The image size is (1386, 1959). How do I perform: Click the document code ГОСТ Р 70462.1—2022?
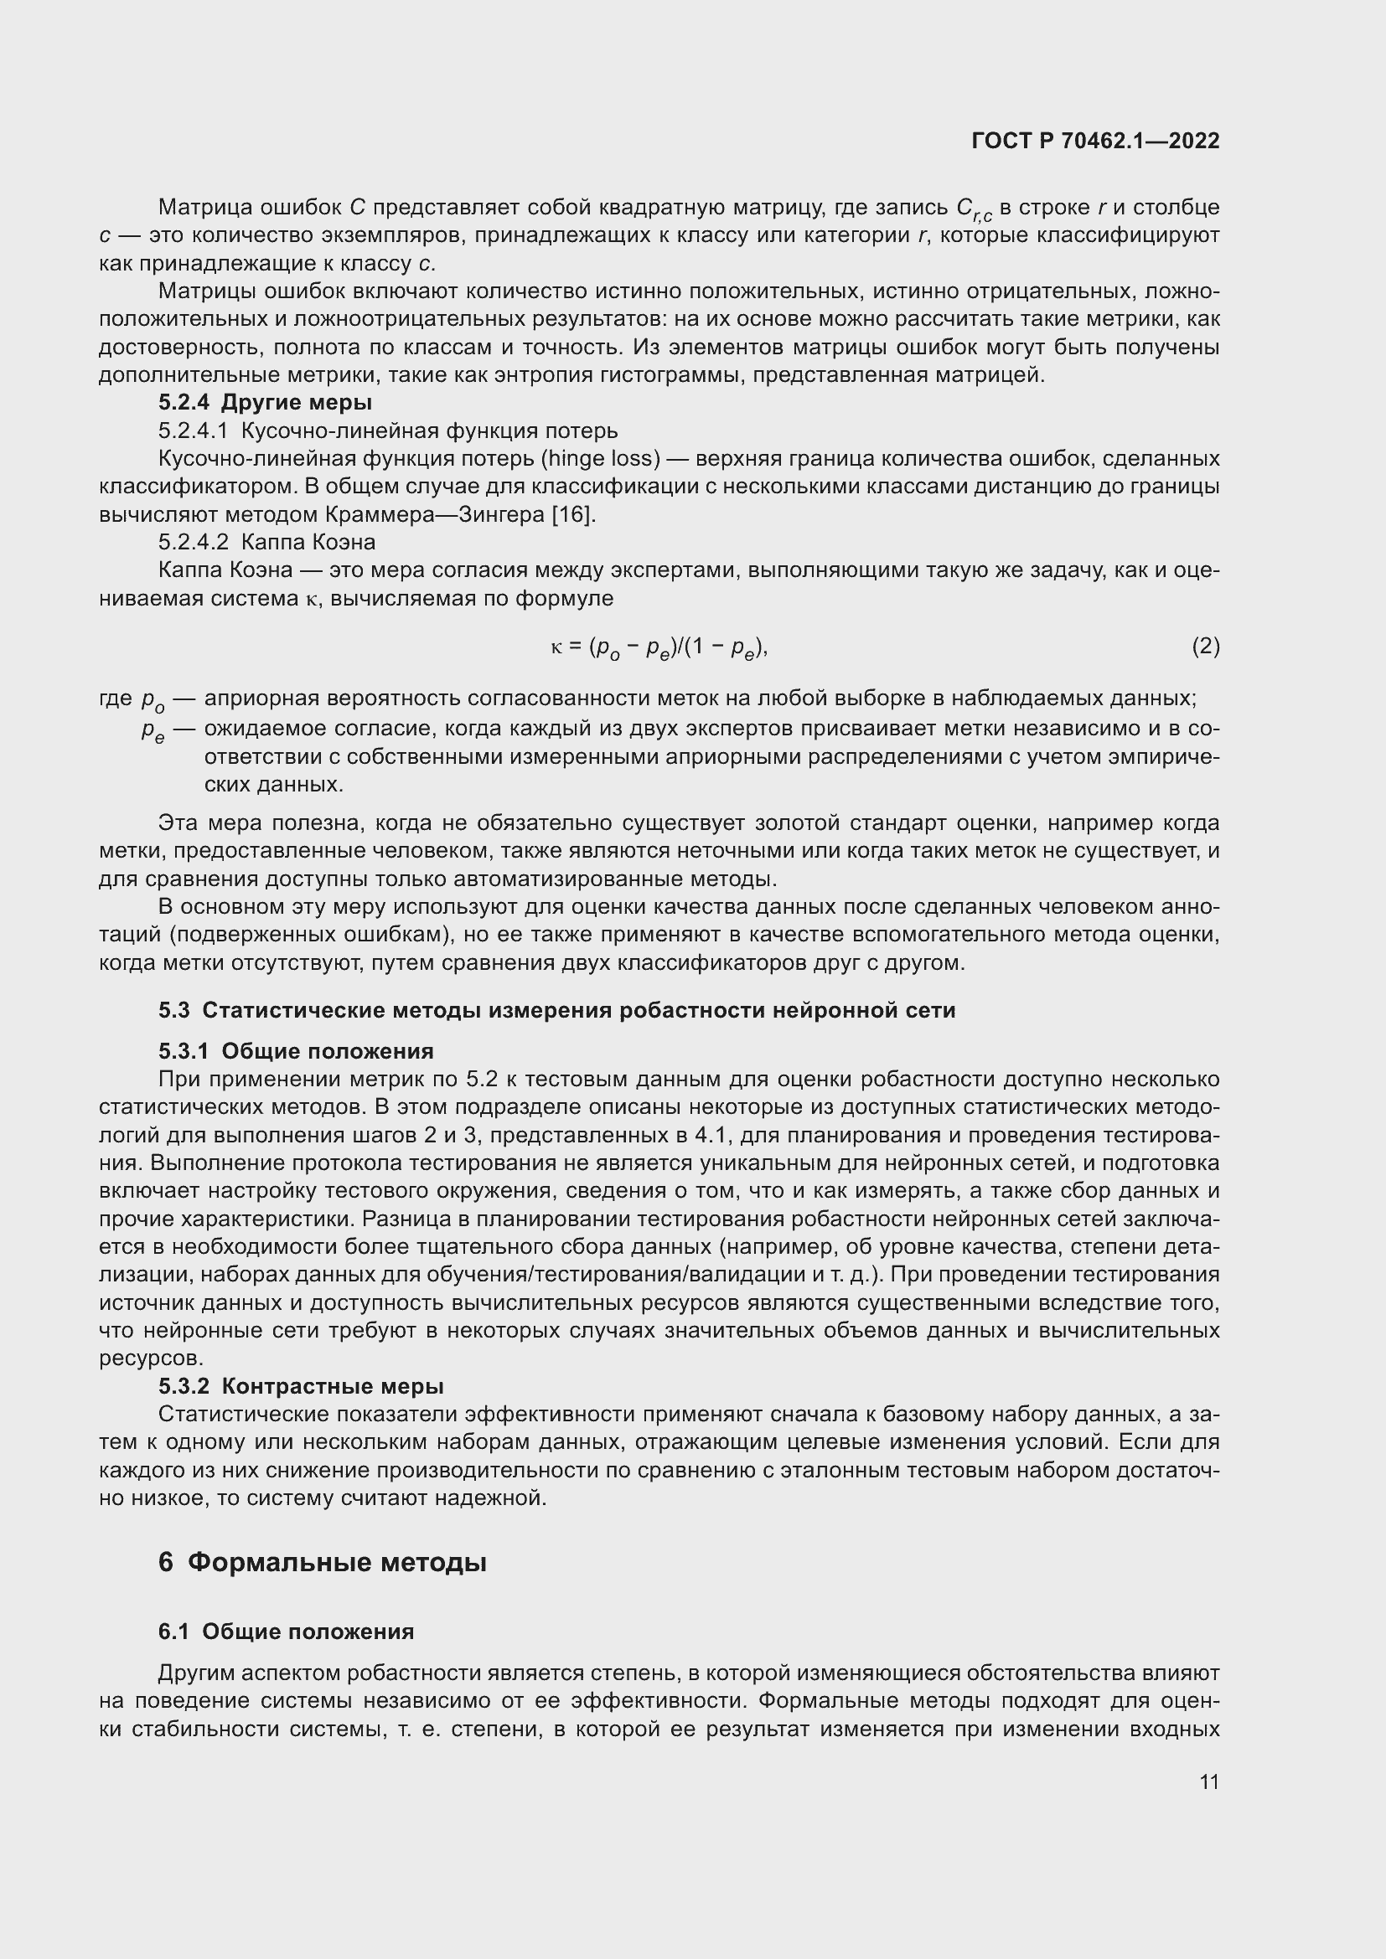pos(1095,142)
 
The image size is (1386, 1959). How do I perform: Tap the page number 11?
pos(1208,1781)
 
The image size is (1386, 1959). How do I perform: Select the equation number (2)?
pos(1205,647)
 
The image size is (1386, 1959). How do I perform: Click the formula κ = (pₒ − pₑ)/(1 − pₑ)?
pos(659,648)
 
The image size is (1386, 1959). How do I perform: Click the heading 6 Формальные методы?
pos(322,1562)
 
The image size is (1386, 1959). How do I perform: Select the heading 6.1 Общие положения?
pos(286,1632)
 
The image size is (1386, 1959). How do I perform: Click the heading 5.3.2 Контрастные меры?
pos(301,1385)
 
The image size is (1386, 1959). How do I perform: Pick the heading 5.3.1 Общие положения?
pos(295,1050)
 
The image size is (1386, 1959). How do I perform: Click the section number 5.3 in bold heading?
pos(174,1010)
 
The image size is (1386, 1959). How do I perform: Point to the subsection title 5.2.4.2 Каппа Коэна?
pos(266,543)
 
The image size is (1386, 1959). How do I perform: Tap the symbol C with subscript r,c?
pos(973,209)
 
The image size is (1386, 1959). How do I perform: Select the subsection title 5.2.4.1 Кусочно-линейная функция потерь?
pos(387,430)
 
